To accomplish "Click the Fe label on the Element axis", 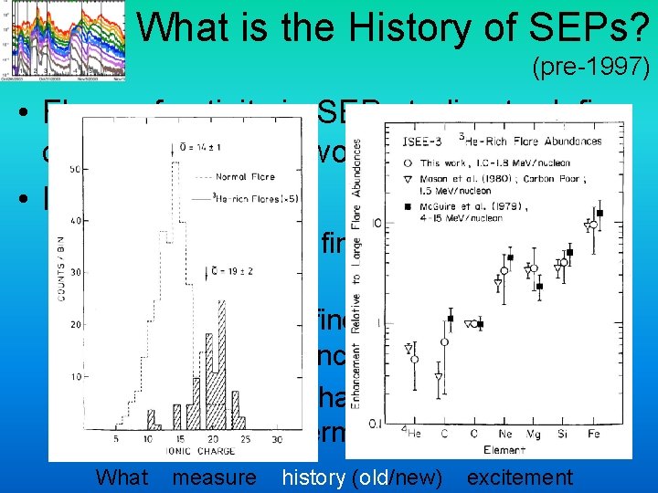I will (594, 435).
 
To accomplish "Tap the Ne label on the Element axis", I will (502, 435).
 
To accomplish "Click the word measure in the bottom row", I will (214, 477).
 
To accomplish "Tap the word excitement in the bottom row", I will (519, 477).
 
